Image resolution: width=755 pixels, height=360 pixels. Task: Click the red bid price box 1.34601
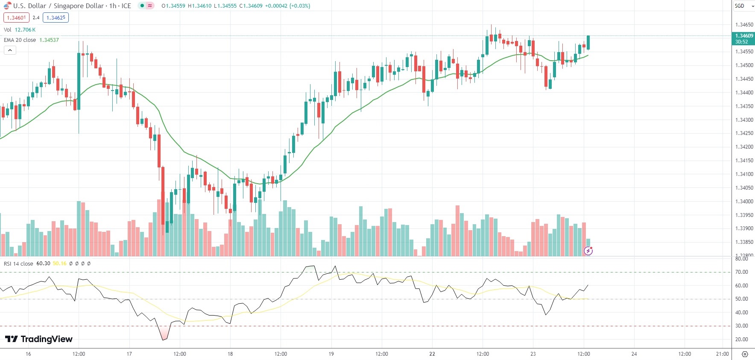pyautogui.click(x=16, y=18)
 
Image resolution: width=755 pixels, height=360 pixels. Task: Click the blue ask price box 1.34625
pyautogui.click(x=56, y=18)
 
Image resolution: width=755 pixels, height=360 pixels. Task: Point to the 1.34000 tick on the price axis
pyautogui.click(x=744, y=202)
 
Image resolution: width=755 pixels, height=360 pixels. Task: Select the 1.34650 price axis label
pyautogui.click(x=744, y=25)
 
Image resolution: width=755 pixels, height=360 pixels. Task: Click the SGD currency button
pyautogui.click(x=740, y=6)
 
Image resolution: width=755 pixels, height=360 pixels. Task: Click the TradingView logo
pyautogui.click(x=39, y=339)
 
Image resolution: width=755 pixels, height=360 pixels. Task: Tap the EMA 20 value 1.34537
pyautogui.click(x=49, y=40)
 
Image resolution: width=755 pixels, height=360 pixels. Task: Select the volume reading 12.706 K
pyautogui.click(x=25, y=30)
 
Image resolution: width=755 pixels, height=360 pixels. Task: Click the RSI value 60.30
pyautogui.click(x=43, y=263)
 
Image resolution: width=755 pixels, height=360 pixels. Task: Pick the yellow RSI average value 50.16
pyautogui.click(x=59, y=263)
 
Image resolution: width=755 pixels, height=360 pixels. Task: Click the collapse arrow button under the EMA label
pyautogui.click(x=10, y=50)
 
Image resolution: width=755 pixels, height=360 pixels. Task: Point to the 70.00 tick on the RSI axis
pyautogui.click(x=741, y=272)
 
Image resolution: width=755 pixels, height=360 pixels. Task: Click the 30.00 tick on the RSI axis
pyautogui.click(x=741, y=326)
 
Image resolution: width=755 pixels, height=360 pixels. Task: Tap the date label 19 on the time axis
pyautogui.click(x=331, y=354)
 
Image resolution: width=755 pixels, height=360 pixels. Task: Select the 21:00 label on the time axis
pyautogui.click(x=722, y=354)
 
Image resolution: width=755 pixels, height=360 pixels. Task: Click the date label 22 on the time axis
pyautogui.click(x=432, y=354)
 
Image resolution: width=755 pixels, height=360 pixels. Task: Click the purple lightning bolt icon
pyautogui.click(x=588, y=251)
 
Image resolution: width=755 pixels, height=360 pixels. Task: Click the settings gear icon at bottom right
pyautogui.click(x=745, y=354)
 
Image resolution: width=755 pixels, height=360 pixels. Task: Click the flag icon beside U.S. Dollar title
pyautogui.click(x=7, y=6)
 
